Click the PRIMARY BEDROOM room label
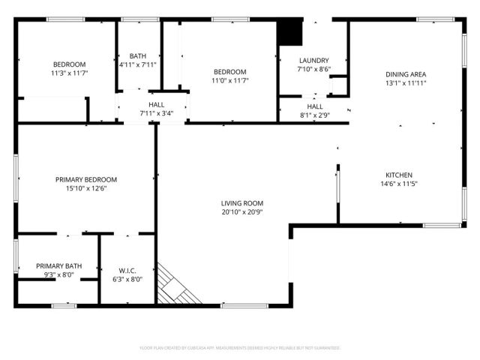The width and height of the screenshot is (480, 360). coord(86,179)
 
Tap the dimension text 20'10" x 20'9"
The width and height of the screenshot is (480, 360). coord(242,211)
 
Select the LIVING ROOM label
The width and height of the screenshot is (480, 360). coord(242,203)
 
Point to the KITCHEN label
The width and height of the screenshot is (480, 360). coord(399,175)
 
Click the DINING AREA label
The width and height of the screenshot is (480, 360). coord(406,74)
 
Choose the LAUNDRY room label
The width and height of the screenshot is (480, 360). coord(313,61)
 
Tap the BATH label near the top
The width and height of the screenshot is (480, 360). coord(138,56)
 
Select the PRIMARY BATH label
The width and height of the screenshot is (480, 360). coord(58,266)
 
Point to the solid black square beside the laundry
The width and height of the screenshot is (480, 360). coord(288,33)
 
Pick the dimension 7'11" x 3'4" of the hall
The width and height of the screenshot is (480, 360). coord(157,113)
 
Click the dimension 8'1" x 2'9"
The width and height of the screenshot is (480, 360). coord(314,115)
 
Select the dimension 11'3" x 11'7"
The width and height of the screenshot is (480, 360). coord(69,73)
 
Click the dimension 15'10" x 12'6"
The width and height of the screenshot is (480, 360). coord(86,188)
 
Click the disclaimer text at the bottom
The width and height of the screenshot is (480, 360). coord(240,348)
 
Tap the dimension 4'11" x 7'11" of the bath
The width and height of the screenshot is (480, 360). coord(138,64)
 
